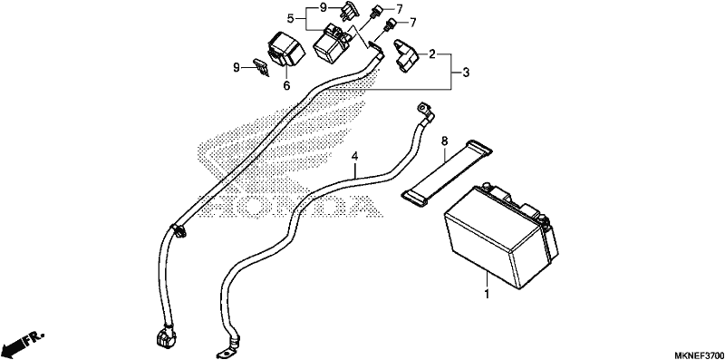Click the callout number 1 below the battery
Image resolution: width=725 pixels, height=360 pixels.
(x=486, y=295)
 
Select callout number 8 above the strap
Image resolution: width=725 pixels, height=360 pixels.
(x=444, y=141)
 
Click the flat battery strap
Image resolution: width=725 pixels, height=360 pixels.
(x=446, y=170)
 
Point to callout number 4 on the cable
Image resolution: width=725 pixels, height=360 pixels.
(x=354, y=157)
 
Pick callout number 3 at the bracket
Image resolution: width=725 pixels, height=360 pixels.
(x=466, y=73)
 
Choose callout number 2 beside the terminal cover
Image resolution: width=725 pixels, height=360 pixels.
(x=432, y=54)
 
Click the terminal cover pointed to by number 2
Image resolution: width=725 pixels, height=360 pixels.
(x=405, y=56)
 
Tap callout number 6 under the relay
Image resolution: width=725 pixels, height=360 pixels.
(x=286, y=85)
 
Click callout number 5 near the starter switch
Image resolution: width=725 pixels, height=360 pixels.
(x=290, y=19)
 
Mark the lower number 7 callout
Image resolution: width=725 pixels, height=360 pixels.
(x=412, y=22)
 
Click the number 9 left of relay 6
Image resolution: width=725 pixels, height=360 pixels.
(x=237, y=69)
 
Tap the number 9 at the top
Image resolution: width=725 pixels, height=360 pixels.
(x=324, y=8)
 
